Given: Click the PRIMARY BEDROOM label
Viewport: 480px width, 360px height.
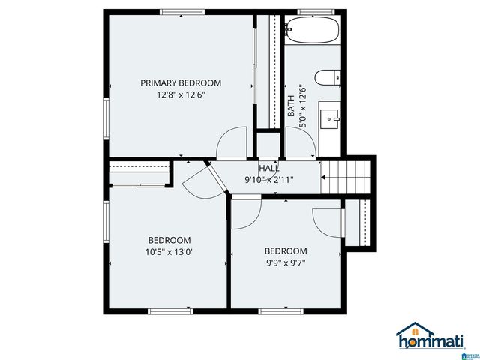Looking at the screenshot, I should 181,83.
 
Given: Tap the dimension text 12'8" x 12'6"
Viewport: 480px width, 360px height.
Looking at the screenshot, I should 181,95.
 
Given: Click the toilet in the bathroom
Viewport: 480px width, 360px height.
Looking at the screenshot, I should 328,76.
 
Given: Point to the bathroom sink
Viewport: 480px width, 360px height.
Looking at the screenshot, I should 330,118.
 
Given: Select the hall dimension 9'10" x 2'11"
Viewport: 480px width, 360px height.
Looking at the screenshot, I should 268,180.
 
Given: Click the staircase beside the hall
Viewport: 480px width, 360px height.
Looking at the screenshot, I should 348,178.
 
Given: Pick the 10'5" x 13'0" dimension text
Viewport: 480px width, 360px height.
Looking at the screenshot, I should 169,252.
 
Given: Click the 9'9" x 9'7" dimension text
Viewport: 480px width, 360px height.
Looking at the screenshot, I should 285,262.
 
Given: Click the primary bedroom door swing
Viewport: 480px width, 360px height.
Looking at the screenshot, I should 232,142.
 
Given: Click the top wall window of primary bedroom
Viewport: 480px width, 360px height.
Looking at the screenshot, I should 182,12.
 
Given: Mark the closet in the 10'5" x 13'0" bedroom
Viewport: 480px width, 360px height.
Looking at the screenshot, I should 138,173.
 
